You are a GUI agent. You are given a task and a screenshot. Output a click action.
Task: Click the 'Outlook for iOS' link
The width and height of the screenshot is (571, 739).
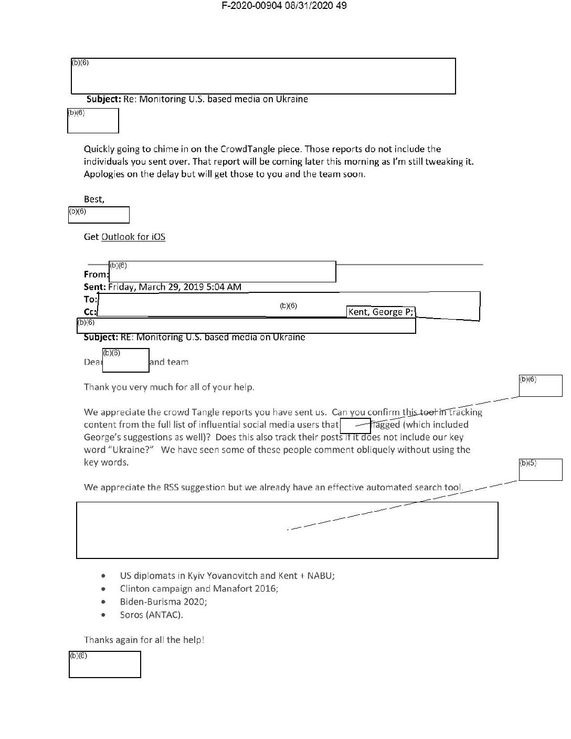[x=133, y=237]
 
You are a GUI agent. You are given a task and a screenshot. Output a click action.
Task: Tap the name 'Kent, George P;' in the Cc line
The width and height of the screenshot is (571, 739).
[x=381, y=312]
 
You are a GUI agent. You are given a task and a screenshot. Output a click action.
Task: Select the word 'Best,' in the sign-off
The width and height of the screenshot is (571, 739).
[x=94, y=199]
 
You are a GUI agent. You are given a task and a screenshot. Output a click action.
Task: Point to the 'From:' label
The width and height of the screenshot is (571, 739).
[x=96, y=274]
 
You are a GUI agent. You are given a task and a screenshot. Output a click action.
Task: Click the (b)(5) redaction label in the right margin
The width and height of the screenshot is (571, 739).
[x=528, y=463]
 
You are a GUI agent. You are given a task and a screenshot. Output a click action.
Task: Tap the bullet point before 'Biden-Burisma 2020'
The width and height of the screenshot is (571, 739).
[x=107, y=602]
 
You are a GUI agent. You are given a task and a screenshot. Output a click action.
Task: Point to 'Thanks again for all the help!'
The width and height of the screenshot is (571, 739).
[x=144, y=640]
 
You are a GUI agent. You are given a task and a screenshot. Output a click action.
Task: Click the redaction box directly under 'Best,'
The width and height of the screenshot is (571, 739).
[x=99, y=215]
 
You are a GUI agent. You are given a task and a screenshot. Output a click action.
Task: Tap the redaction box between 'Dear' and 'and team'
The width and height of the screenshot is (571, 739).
[x=125, y=361]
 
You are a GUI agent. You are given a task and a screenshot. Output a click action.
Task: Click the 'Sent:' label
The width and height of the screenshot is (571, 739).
[x=95, y=287]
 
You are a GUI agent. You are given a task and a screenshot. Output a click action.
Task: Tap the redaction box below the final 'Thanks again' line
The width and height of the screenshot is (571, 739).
[x=105, y=664]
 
